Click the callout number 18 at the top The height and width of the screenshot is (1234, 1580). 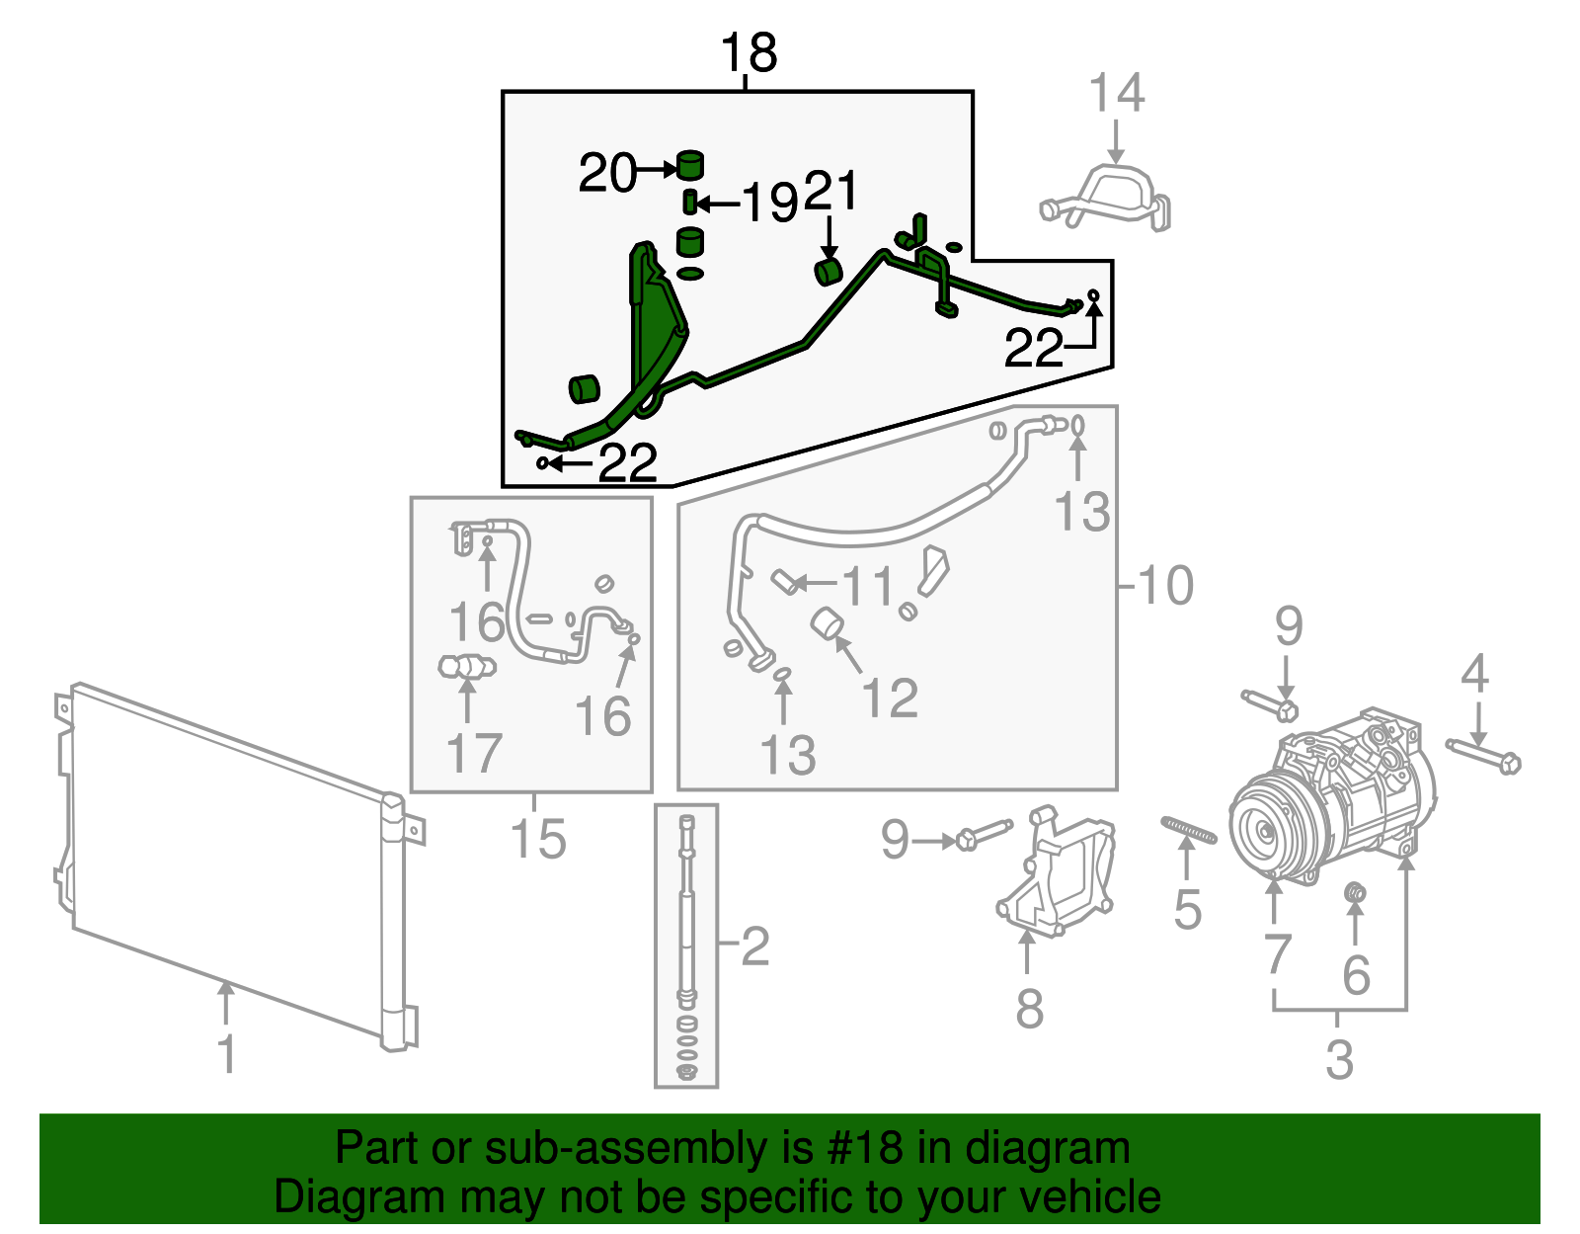click(749, 52)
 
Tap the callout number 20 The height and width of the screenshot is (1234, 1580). click(607, 173)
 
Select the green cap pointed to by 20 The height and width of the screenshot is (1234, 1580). click(690, 165)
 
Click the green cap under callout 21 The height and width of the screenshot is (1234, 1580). click(828, 271)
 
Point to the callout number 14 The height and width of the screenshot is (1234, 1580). click(1116, 94)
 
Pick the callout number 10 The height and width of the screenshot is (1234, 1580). click(1165, 585)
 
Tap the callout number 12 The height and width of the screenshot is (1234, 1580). click(890, 698)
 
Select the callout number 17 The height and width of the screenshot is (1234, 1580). click(474, 753)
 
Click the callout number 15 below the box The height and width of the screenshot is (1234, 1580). click(538, 839)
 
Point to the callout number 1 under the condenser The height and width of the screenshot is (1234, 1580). click(227, 1053)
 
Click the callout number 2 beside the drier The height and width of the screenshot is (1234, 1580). click(754, 946)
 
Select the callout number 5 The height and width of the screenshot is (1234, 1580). click(1187, 909)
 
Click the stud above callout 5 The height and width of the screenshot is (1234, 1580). click(1189, 831)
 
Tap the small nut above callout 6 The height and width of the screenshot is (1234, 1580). click(1356, 893)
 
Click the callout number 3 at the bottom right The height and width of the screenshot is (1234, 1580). click(1339, 1059)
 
